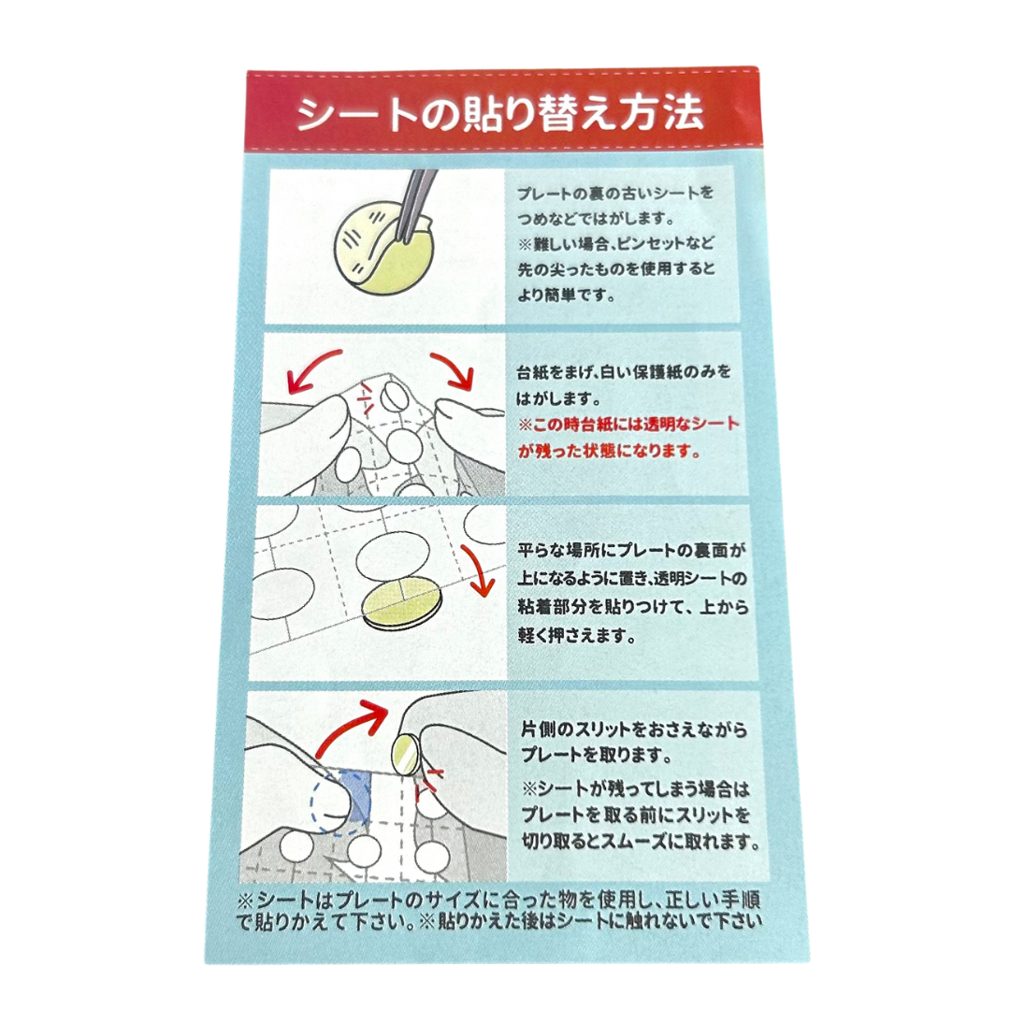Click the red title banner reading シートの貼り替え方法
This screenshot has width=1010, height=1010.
(504, 112)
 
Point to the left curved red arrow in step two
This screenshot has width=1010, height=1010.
(313, 369)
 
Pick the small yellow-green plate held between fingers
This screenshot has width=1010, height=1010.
(406, 755)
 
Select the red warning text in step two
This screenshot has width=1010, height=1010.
(628, 437)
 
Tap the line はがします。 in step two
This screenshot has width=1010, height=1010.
(558, 399)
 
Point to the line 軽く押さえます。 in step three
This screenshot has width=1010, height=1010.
(577, 636)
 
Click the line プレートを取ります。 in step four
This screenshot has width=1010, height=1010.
(596, 755)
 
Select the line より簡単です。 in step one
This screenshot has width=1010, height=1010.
(566, 296)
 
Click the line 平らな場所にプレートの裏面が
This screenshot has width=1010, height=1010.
(632, 551)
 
